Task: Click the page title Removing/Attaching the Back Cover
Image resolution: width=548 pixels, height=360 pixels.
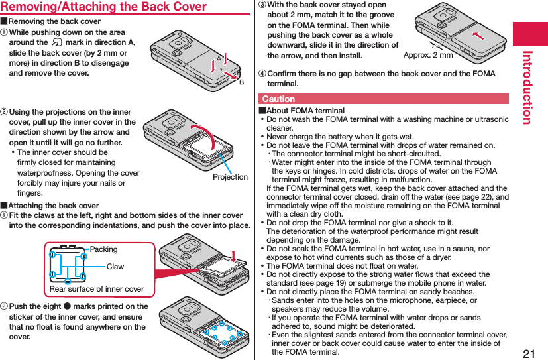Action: pos(103,7)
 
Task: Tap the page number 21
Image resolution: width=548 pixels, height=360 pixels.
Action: pos(529,350)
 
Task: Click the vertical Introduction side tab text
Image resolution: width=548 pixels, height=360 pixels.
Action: pos(527,87)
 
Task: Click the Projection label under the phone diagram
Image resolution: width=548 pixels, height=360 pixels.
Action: pos(230,177)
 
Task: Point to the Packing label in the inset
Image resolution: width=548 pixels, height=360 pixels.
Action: pos(103,249)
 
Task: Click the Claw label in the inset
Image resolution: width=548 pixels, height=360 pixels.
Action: pos(115,267)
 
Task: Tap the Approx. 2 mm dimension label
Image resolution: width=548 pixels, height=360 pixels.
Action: pos(428,55)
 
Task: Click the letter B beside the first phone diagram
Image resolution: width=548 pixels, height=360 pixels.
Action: pos(241,82)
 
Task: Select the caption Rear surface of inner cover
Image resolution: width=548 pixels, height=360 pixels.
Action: pos(97,289)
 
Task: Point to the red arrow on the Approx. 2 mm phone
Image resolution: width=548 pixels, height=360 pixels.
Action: pos(478,35)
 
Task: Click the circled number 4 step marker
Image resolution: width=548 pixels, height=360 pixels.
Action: pos(261,74)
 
